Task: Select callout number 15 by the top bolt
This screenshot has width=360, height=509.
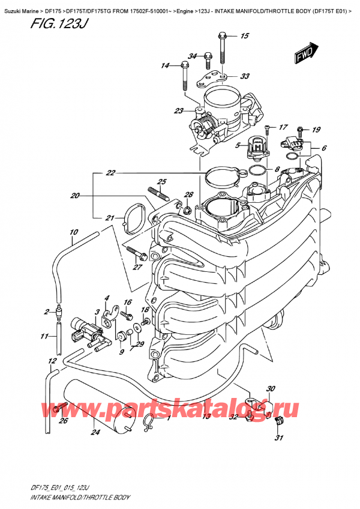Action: [244, 37]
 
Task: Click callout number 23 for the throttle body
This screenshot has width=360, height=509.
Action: [178, 110]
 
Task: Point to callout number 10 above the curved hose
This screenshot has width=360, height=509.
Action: [73, 232]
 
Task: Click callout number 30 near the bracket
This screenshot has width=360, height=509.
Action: [271, 388]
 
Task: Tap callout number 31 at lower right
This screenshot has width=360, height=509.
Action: [278, 437]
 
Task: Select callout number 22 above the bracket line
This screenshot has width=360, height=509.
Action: [110, 173]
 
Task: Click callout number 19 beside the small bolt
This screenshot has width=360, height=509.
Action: [316, 129]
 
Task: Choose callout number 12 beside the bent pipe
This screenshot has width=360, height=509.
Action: [53, 361]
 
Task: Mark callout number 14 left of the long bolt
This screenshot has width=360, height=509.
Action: [165, 65]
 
